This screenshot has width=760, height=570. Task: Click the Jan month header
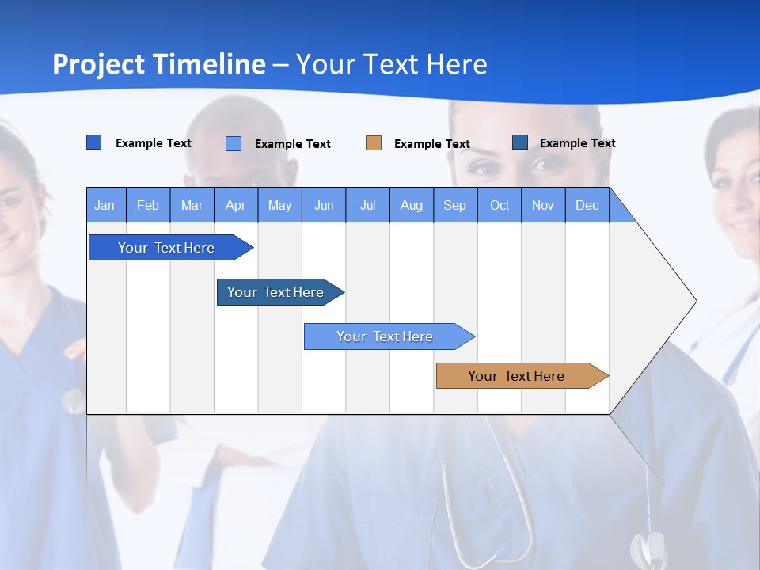(x=105, y=205)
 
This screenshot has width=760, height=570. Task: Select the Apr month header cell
(x=235, y=205)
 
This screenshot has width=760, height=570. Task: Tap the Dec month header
(x=587, y=205)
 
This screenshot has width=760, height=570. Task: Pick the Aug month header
(x=411, y=205)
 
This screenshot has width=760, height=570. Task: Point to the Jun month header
(x=323, y=205)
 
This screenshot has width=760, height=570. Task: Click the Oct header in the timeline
(x=499, y=205)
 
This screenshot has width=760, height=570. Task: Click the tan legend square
(x=374, y=143)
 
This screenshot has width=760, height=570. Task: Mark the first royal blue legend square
(x=94, y=142)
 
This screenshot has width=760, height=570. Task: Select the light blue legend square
(x=234, y=143)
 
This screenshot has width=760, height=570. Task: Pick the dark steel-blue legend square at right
(x=520, y=142)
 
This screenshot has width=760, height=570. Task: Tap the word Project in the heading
(x=98, y=64)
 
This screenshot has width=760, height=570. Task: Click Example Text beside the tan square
(x=431, y=143)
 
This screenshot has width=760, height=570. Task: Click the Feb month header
(x=148, y=205)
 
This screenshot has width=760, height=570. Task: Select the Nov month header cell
(x=542, y=205)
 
